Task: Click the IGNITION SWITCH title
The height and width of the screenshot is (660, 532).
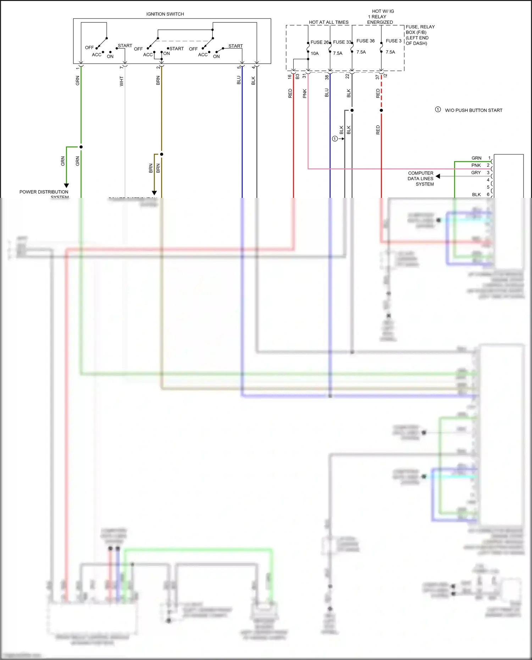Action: [165, 14]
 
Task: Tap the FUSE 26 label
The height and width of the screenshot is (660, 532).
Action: [319, 42]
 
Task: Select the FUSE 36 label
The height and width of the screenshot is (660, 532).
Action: [365, 41]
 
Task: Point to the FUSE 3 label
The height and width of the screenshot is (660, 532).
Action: [393, 41]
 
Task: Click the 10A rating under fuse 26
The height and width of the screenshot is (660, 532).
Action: [315, 54]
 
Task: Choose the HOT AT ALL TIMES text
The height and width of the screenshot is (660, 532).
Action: [328, 22]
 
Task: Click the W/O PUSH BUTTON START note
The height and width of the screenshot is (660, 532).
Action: [473, 110]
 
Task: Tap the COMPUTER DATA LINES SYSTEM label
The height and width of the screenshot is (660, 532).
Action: [420, 178]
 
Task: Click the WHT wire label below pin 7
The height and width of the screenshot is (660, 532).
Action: [122, 81]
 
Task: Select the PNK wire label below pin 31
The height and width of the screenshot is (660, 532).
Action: [305, 94]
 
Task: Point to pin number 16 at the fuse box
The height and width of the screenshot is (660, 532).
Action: [290, 76]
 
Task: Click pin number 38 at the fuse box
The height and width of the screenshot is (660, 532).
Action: [327, 77]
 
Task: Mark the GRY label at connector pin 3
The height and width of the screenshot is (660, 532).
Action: [476, 173]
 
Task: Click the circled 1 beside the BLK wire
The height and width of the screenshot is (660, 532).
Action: [335, 139]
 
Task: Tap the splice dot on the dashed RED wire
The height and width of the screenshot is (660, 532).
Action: [381, 110]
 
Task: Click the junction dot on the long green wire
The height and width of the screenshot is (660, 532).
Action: [81, 147]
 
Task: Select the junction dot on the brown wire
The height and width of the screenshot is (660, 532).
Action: [161, 154]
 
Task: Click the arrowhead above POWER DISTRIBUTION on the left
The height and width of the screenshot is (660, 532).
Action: [66, 185]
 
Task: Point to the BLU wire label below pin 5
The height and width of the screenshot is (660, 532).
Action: [239, 80]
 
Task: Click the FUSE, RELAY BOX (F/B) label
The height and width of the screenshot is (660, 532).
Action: [420, 35]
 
